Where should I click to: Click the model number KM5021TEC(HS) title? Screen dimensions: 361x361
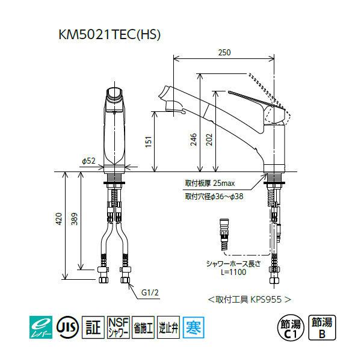click(110, 35)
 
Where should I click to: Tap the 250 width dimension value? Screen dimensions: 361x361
click(224, 52)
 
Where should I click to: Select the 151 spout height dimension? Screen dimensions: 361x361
click(149, 141)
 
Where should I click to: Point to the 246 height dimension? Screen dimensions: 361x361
click(194, 140)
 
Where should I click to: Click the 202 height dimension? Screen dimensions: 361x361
click(209, 140)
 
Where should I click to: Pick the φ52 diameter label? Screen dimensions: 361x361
click(88, 161)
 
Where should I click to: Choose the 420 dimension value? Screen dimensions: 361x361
click(59, 219)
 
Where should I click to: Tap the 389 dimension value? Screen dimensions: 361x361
click(74, 219)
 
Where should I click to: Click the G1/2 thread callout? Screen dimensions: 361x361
click(150, 292)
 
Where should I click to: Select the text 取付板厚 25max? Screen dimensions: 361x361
click(210, 184)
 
